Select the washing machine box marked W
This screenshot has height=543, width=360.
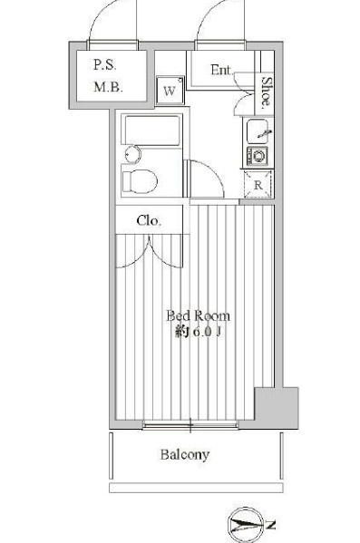pyautogui.click(x=170, y=92)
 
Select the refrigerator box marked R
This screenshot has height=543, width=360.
pyautogui.click(x=258, y=185)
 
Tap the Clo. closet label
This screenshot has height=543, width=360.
pyautogui.click(x=149, y=220)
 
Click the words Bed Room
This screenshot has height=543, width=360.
pyautogui.click(x=197, y=315)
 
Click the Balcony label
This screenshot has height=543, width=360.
pyautogui.click(x=185, y=454)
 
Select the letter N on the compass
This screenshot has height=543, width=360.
pyautogui.click(x=271, y=525)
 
